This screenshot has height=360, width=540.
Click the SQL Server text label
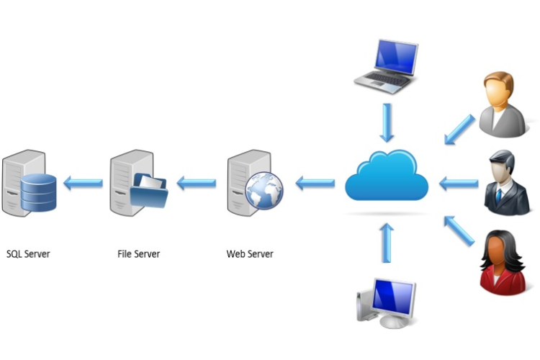click(28, 253)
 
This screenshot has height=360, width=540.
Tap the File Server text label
click(138, 253)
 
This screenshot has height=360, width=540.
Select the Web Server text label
click(250, 253)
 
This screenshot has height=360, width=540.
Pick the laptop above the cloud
click(387, 65)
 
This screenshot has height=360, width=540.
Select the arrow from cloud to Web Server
click(315, 183)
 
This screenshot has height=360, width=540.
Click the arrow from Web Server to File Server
click(196, 183)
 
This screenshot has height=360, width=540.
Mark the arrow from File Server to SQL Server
click(82, 183)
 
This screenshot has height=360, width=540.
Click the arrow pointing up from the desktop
click(387, 243)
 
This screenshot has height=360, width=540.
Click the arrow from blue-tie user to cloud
click(458, 184)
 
